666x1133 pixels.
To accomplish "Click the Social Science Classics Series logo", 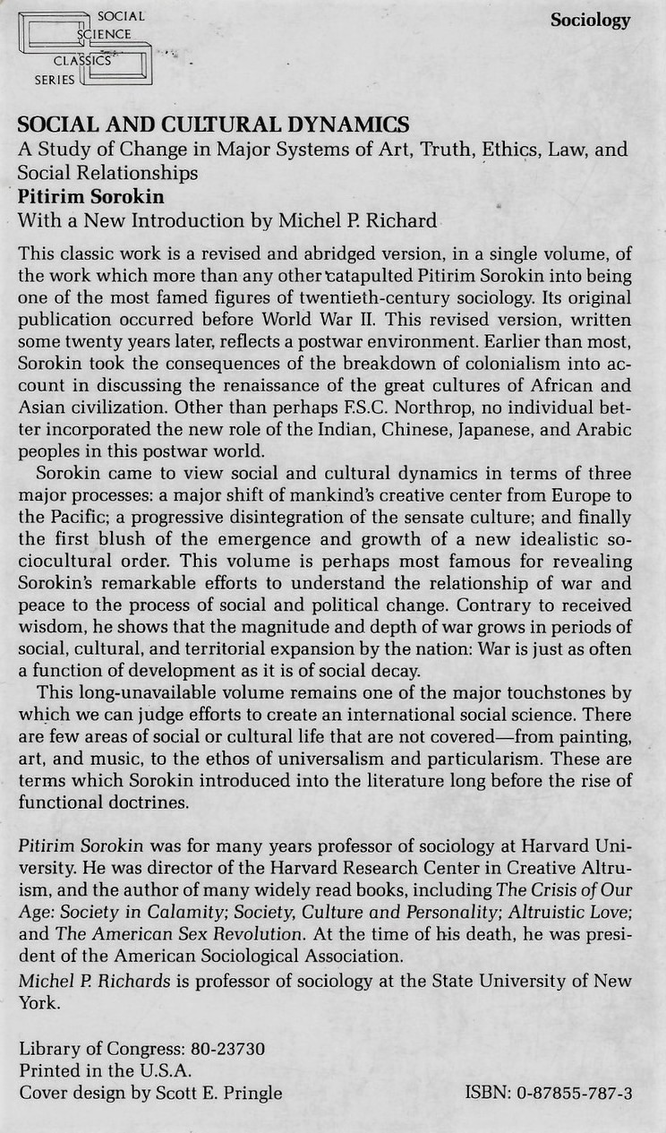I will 84,49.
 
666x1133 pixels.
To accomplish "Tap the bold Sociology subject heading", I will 590,21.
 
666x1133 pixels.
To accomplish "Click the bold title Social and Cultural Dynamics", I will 214,125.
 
